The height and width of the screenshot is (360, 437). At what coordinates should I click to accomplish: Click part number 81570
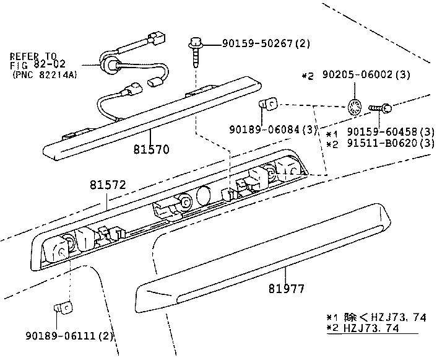pos(150,149)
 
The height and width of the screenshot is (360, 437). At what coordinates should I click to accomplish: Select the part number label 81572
pos(107,185)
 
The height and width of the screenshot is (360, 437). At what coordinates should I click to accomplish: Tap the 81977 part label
pos(287,288)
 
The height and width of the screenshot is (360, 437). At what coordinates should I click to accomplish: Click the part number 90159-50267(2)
pos(257,43)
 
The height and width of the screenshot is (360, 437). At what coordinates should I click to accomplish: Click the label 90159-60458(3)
pos(391,133)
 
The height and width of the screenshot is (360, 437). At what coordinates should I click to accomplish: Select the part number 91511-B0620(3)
pos(391,144)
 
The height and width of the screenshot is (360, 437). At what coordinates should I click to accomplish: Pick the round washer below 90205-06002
pos(355,107)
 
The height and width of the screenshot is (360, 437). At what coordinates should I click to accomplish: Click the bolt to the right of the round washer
pos(381,108)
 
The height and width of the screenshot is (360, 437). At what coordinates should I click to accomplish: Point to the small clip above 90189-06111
pos(62,306)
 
